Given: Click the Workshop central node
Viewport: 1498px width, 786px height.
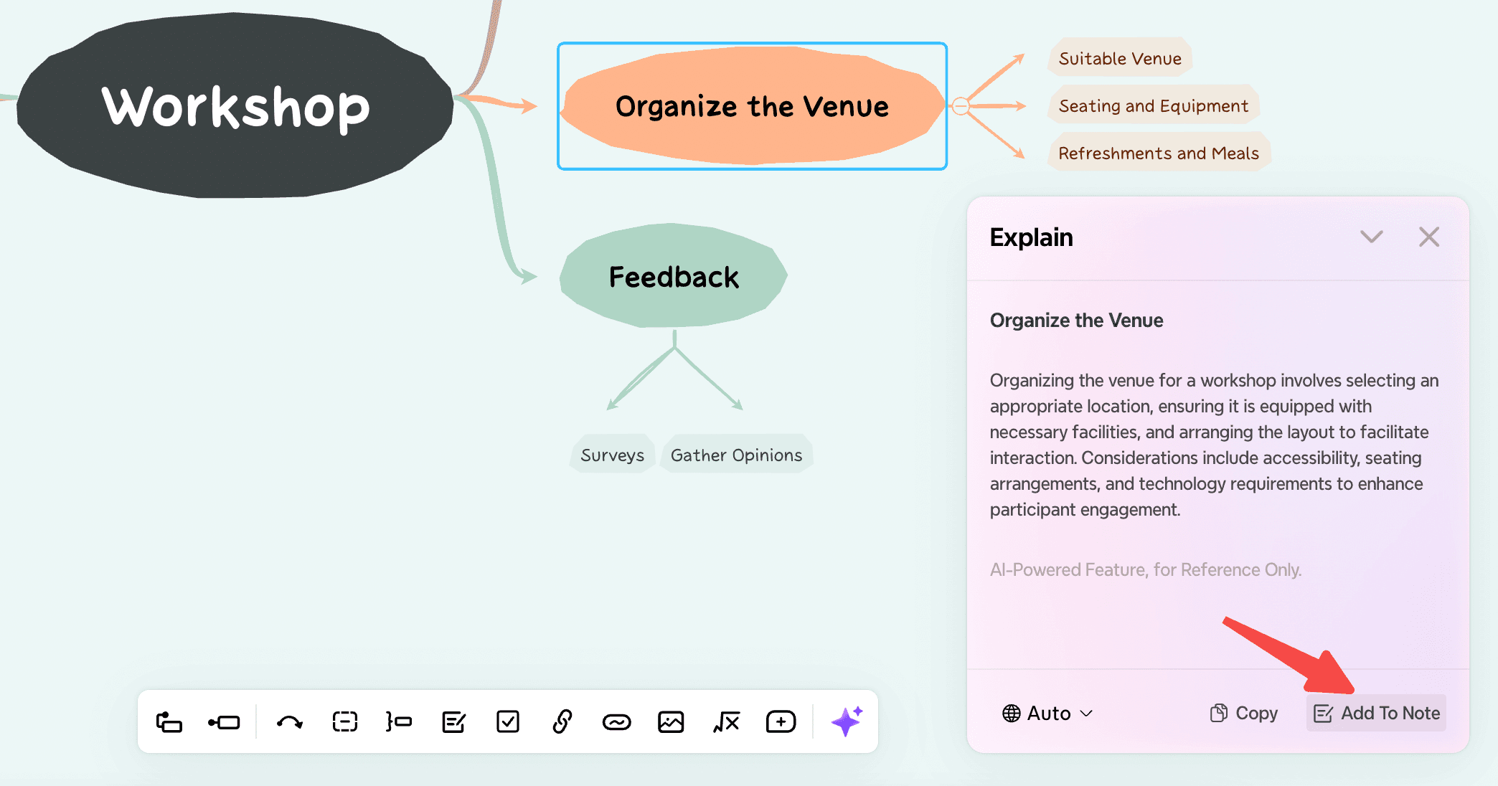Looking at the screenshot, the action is point(235,106).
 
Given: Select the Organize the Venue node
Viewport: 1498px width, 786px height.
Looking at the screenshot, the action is point(752,106).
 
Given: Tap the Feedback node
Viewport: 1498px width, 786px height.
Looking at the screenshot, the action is point(674,276).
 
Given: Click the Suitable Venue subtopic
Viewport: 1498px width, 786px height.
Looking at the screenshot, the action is point(1120,58).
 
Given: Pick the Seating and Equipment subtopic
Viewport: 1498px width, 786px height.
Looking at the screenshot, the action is point(1153,105).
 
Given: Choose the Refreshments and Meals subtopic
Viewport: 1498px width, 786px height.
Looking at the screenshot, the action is point(1159,153).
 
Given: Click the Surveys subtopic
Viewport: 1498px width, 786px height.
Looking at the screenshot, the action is point(612,455).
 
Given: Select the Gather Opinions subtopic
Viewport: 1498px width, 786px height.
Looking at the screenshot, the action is point(736,455).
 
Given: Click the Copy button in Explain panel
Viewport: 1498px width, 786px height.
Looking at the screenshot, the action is point(1244,713).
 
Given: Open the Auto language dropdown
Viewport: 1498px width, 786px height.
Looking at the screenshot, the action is point(1047,713).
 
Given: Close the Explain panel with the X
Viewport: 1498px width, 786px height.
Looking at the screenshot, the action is point(1429,237).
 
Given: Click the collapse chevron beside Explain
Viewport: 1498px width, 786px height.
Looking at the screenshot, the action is point(1372,237).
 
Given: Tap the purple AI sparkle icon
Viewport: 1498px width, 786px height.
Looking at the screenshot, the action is point(847,721).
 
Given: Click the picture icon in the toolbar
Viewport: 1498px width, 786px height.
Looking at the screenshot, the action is point(671,721).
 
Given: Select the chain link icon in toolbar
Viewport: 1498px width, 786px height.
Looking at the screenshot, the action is point(562,721).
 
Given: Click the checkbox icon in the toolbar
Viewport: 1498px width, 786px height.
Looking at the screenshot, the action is point(508,721).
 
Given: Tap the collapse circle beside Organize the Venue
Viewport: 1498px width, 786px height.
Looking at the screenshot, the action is point(961,106).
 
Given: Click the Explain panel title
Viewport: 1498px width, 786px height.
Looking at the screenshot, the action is point(1031,237).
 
